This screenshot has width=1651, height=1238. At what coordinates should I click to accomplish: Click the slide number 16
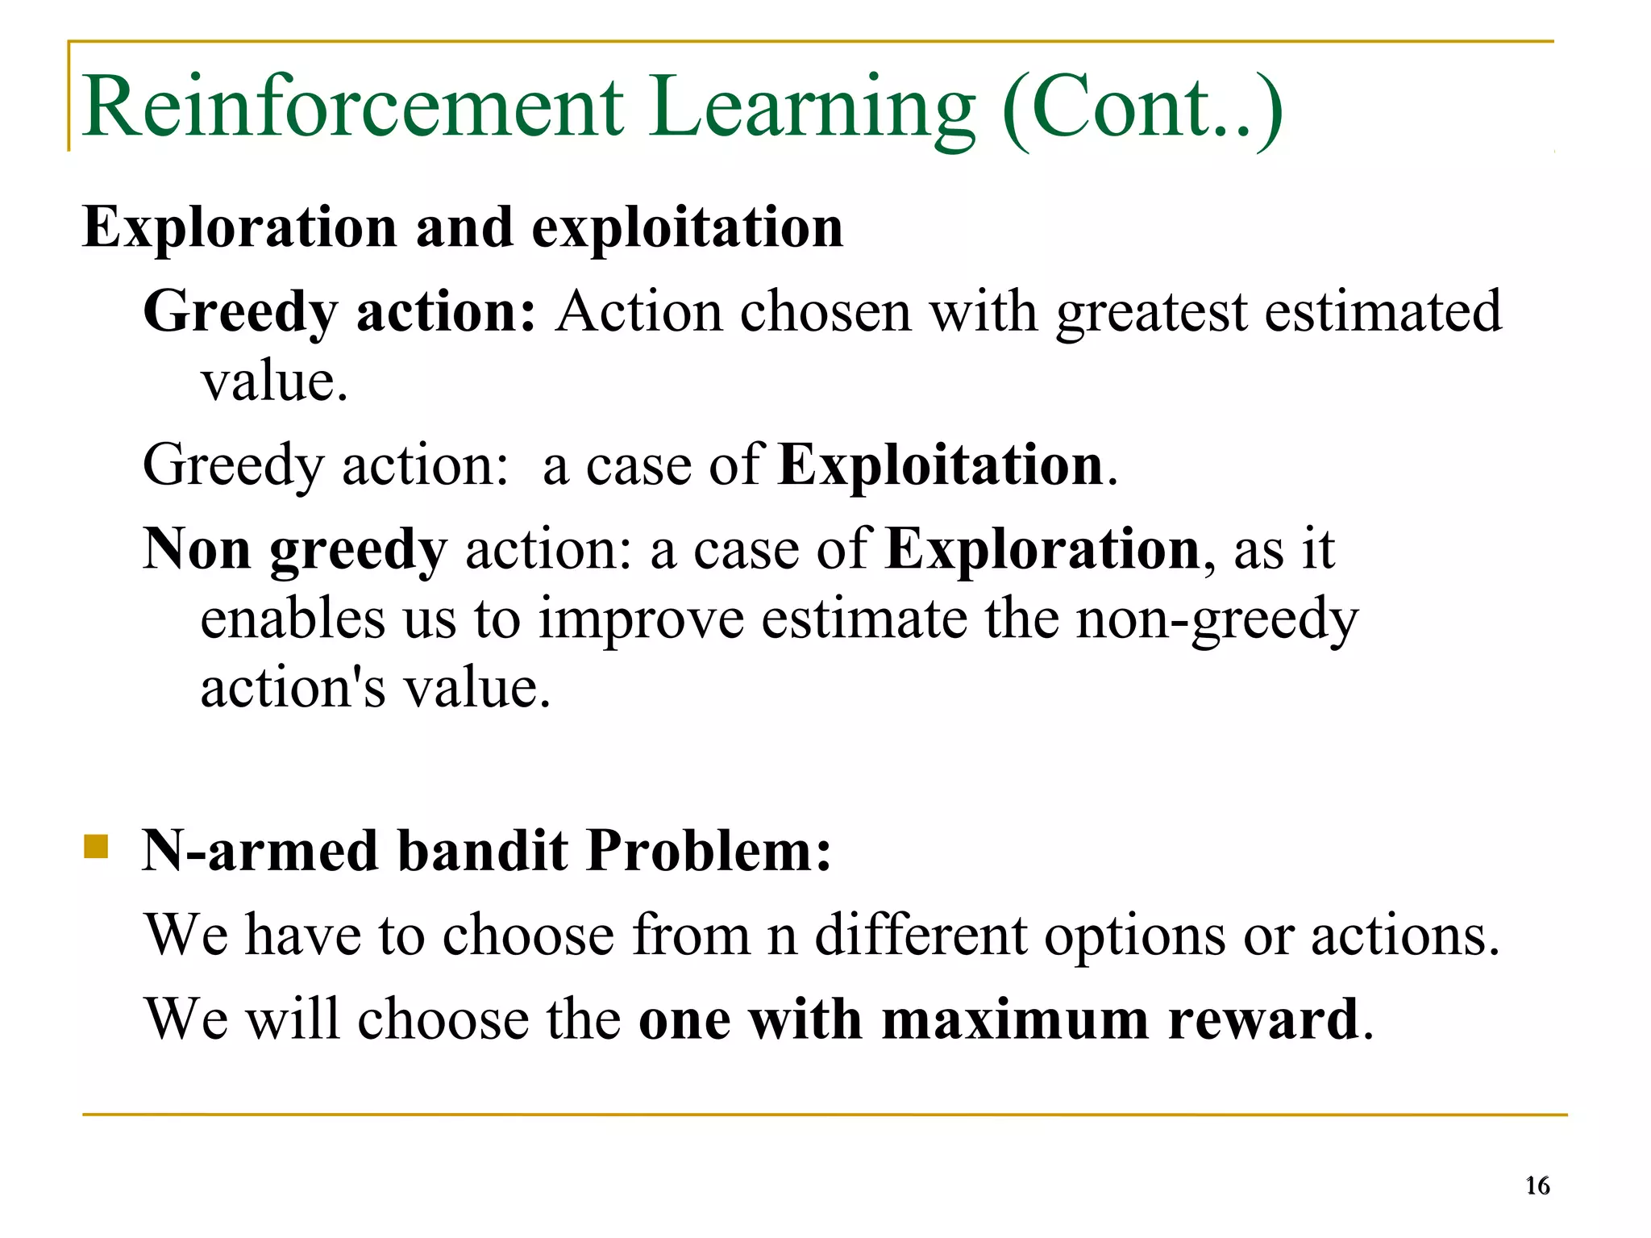coord(1537,1186)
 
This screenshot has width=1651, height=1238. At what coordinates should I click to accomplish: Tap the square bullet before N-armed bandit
coord(96,847)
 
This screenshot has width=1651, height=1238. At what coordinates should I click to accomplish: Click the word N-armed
coord(260,852)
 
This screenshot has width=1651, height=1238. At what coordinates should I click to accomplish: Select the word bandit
coord(483,852)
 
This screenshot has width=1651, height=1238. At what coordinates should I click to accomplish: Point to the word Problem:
coord(709,852)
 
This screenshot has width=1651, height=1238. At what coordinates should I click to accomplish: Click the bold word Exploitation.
coord(941,467)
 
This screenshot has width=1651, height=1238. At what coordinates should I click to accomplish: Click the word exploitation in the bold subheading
coord(687,228)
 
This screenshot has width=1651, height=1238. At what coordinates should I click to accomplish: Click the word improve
coord(641,621)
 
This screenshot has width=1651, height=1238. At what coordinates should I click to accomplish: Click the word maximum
coord(1015,1019)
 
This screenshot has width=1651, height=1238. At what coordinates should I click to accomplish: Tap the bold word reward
coord(1264,1019)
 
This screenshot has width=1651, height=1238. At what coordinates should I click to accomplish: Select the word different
coord(921,936)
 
